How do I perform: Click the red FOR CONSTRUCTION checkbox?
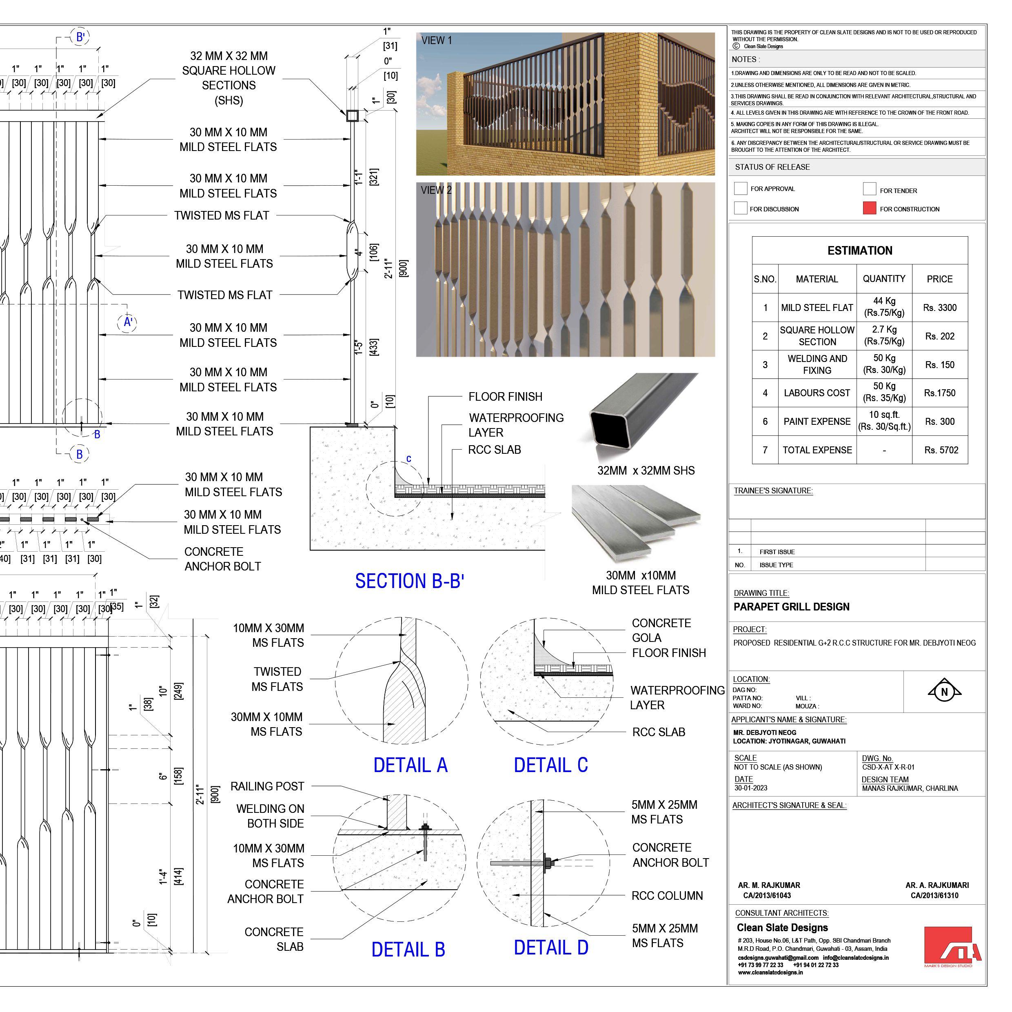(x=870, y=208)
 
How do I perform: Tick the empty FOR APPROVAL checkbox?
(x=740, y=189)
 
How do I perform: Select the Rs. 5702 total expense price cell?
(x=941, y=450)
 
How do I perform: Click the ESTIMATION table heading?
(x=859, y=251)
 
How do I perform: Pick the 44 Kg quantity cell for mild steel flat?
(x=884, y=307)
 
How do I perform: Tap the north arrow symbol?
(x=944, y=691)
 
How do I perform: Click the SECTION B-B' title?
(x=410, y=581)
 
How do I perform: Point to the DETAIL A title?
(x=410, y=765)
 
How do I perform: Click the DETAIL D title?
(x=551, y=948)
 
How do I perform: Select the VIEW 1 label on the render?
(x=436, y=40)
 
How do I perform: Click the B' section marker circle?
(x=80, y=37)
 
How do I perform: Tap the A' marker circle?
(x=127, y=322)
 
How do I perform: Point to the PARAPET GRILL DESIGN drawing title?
(x=792, y=606)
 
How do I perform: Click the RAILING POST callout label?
(x=267, y=786)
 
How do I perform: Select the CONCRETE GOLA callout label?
(x=661, y=630)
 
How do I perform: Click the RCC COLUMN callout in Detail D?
(x=667, y=896)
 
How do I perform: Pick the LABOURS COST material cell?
(x=817, y=393)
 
